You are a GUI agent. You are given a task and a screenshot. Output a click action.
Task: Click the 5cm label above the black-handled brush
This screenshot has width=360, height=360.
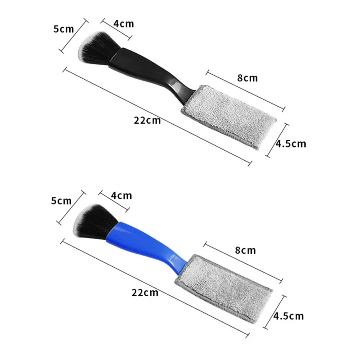point(63,29)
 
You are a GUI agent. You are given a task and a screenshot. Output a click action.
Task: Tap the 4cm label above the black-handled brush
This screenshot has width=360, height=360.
point(123,24)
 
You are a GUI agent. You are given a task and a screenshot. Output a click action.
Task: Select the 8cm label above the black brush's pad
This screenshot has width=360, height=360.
point(247,78)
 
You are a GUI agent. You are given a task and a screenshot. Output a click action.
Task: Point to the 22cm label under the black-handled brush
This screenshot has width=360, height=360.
point(147,120)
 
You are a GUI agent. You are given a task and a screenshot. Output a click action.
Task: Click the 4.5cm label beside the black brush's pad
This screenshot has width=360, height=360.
point(291,144)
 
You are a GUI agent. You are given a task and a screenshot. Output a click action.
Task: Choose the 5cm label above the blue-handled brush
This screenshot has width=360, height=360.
point(61,201)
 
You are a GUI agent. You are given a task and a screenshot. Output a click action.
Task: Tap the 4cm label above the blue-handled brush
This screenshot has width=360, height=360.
point(121,196)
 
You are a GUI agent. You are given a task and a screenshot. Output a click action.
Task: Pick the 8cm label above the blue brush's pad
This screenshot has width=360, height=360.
point(245,250)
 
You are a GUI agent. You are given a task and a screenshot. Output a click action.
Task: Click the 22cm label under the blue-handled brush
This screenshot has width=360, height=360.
point(145,292)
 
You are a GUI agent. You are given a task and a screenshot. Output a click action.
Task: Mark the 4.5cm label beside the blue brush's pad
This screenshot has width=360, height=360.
point(288,316)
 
